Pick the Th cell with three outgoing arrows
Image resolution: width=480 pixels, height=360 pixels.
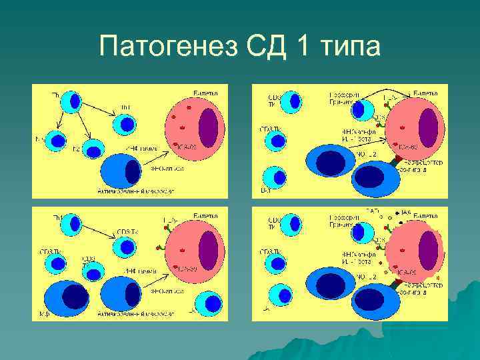point(71,101)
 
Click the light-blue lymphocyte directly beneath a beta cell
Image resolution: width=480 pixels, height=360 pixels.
point(211,303)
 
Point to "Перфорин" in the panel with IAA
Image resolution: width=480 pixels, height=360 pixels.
point(342,217)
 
